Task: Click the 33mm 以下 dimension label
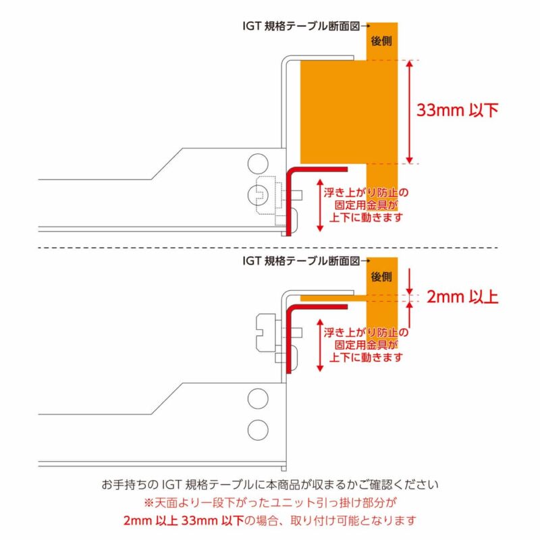tap(458, 111)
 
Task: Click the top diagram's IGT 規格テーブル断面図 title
tap(301, 26)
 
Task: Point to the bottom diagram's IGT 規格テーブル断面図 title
tap(301, 260)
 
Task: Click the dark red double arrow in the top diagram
tap(319, 204)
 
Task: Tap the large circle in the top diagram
tap(256, 162)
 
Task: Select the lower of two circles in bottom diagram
tap(256, 428)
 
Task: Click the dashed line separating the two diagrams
tap(270, 247)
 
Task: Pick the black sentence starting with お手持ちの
tap(270, 485)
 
